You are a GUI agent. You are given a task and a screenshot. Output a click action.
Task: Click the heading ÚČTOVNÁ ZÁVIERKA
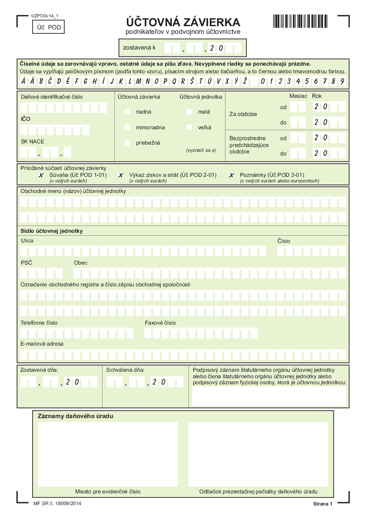[x=183, y=22]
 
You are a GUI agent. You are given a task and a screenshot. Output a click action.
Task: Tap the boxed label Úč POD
[x=48, y=27]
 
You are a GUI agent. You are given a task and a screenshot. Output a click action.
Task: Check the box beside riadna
[x=128, y=112]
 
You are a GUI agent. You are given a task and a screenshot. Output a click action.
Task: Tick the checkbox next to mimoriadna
[x=128, y=127]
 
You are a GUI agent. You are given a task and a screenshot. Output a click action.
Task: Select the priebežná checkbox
[x=128, y=143]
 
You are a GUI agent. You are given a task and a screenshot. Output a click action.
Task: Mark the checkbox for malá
[x=189, y=112]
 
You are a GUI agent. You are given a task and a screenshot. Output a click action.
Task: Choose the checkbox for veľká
[x=189, y=127]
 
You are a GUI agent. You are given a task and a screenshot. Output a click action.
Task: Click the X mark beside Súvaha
[x=41, y=175]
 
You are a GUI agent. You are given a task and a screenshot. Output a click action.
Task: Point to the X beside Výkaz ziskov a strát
[x=120, y=175]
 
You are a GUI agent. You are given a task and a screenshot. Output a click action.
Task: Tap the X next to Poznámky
[x=232, y=175]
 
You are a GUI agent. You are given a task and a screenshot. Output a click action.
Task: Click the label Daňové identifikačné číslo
[x=52, y=97]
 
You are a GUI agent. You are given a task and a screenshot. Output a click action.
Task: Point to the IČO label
[x=26, y=119]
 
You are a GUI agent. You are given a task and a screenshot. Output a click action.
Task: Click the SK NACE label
[x=33, y=141]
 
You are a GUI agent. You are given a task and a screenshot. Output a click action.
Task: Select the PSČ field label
[x=27, y=263]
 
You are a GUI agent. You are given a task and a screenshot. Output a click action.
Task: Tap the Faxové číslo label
[x=160, y=323]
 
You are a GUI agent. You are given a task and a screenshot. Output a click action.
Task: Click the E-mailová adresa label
[x=42, y=344]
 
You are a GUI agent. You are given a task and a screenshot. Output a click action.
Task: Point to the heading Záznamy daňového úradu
[x=75, y=416]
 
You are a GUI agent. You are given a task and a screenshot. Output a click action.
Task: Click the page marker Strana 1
[x=323, y=504]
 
